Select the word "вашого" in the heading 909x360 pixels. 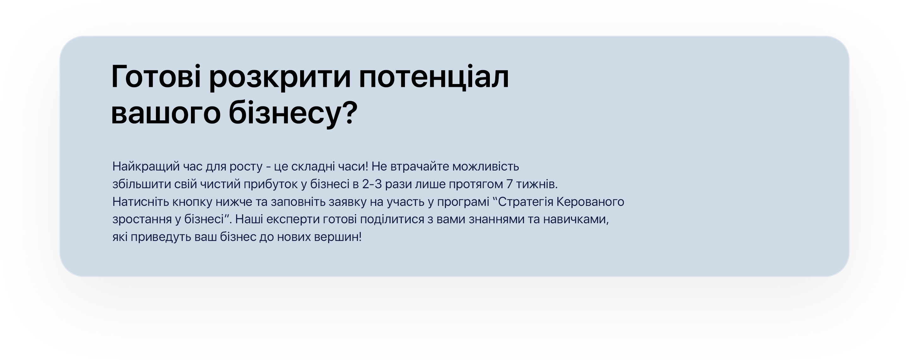(166, 114)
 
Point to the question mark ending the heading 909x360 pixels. (350, 112)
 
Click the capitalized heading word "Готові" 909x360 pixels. (156, 76)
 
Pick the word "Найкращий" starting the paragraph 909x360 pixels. (146, 166)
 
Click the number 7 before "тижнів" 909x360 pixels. (509, 184)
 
